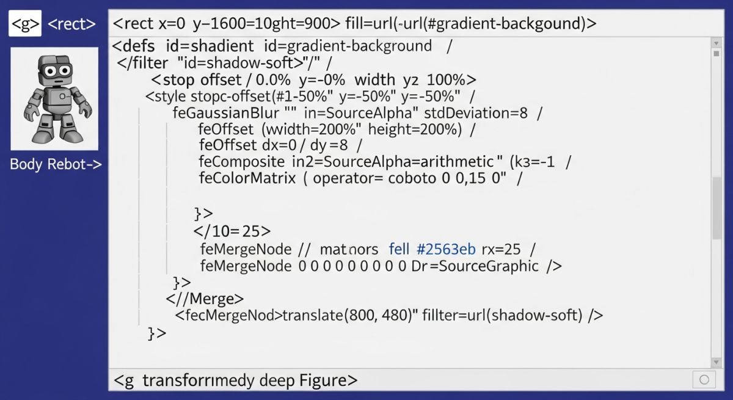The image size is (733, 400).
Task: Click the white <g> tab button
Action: [25, 23]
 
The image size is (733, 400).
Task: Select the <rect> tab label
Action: [71, 24]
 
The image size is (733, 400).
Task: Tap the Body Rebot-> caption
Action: [56, 164]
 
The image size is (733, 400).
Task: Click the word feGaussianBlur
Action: [226, 113]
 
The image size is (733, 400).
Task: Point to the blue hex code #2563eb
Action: [446, 249]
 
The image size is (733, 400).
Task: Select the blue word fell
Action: [399, 249]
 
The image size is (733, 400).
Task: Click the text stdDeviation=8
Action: [476, 113]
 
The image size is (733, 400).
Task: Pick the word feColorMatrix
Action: [247, 178]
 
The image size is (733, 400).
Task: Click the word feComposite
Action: [242, 162]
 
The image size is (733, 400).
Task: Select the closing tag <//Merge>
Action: [205, 299]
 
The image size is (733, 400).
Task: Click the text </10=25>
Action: [232, 231]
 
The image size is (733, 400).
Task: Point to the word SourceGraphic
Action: [489, 266]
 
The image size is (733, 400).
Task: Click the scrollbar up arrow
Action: [716, 43]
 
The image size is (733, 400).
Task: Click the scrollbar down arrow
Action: [716, 362]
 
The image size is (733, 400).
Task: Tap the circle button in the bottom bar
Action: [704, 380]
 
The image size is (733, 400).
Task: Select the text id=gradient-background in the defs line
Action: [348, 46]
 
